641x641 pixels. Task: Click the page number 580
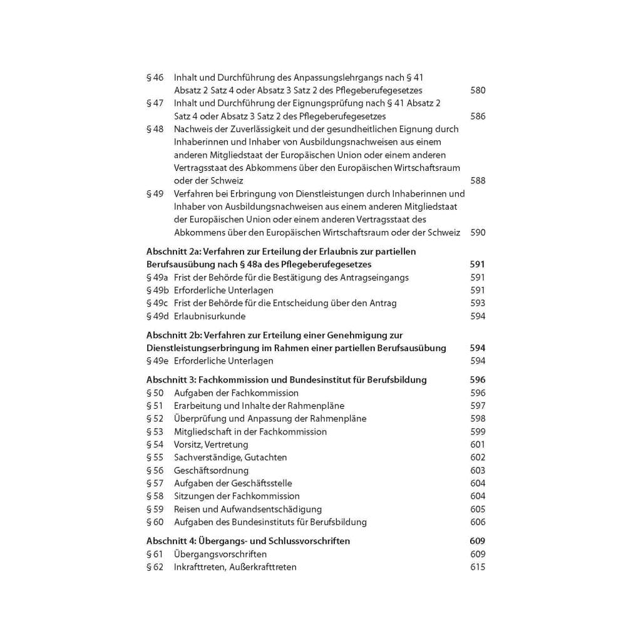(477, 90)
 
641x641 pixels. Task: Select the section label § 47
(155, 103)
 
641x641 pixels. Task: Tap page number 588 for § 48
(477, 181)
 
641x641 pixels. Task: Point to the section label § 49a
(157, 277)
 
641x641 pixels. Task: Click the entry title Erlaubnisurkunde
(209, 316)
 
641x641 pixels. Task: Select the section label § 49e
(157, 361)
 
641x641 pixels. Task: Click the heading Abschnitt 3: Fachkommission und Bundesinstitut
(286, 380)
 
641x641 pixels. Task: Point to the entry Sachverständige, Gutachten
(230, 458)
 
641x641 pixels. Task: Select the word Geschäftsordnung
(211, 471)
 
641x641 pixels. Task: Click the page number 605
(477, 510)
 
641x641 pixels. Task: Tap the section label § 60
(155, 522)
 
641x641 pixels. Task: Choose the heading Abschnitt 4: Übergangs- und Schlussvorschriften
(248, 541)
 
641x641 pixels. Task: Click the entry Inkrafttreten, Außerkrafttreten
(235, 567)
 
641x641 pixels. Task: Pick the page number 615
(477, 567)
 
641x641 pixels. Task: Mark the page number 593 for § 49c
(477, 303)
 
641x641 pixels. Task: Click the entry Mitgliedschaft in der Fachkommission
(250, 432)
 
